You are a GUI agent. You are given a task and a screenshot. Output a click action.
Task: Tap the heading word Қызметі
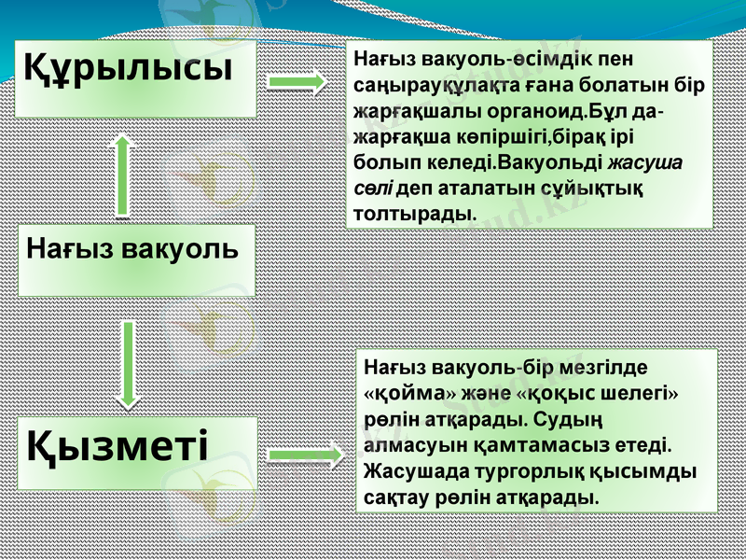pos(117,445)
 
